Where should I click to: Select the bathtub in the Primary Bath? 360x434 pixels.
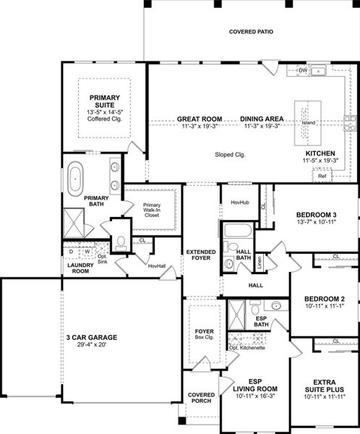click(75, 177)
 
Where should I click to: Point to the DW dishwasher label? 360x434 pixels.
click(304, 70)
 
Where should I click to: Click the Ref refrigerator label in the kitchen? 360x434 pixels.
click(322, 176)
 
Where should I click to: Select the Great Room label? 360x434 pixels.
click(200, 119)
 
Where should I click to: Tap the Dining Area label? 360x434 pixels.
click(262, 119)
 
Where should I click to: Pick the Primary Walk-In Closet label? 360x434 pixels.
click(152, 209)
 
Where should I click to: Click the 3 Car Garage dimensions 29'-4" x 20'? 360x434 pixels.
click(92, 346)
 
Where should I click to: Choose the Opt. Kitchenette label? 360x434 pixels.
click(247, 349)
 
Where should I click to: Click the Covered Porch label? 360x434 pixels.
click(201, 399)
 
